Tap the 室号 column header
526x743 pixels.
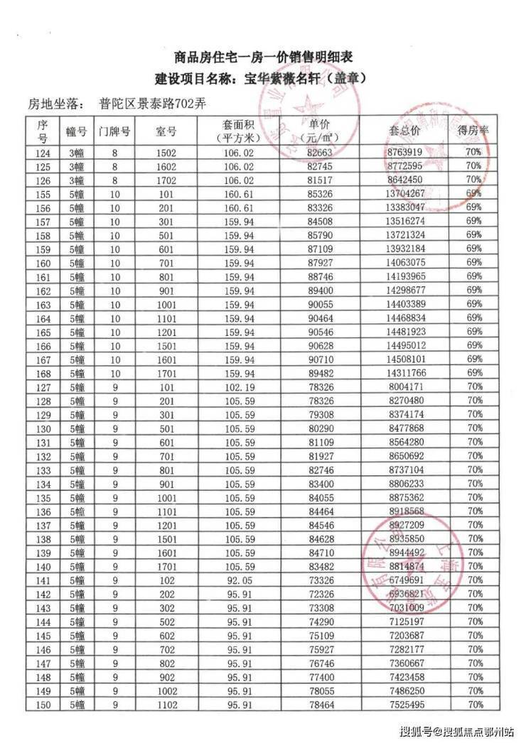tap(166, 131)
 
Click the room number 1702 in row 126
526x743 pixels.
tap(166, 180)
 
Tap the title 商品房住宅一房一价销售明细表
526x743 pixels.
tap(264, 58)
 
